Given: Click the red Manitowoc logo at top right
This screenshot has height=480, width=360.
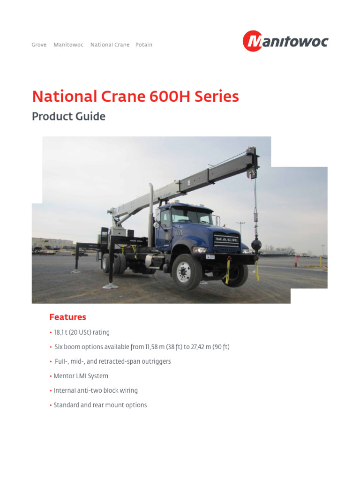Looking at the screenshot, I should coord(285,41).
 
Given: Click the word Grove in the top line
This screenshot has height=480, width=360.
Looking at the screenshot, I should coord(39,45).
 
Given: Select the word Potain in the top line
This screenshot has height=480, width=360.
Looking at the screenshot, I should coord(144,45).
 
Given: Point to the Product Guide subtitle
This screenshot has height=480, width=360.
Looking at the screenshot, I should coord(68,116).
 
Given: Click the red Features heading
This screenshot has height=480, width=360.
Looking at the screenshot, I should coord(68,317).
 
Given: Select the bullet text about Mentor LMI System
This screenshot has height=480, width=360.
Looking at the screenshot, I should coord(81,376).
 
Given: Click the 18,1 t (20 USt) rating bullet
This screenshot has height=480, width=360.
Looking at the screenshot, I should coord(82,332).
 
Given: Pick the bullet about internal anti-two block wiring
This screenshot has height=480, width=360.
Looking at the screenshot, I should coord(96,390).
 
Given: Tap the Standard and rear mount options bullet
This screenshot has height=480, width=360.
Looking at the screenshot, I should coord(100,405).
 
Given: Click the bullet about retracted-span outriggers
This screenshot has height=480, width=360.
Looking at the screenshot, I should coord(112,361).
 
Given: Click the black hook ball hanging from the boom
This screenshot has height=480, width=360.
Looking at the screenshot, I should coord(256,245).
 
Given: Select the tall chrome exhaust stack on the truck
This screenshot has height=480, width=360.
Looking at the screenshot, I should coord(151,211).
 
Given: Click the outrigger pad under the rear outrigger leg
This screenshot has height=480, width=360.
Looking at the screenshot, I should coord(110,285).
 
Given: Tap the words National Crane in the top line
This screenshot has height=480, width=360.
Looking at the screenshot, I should coord(110,45).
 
